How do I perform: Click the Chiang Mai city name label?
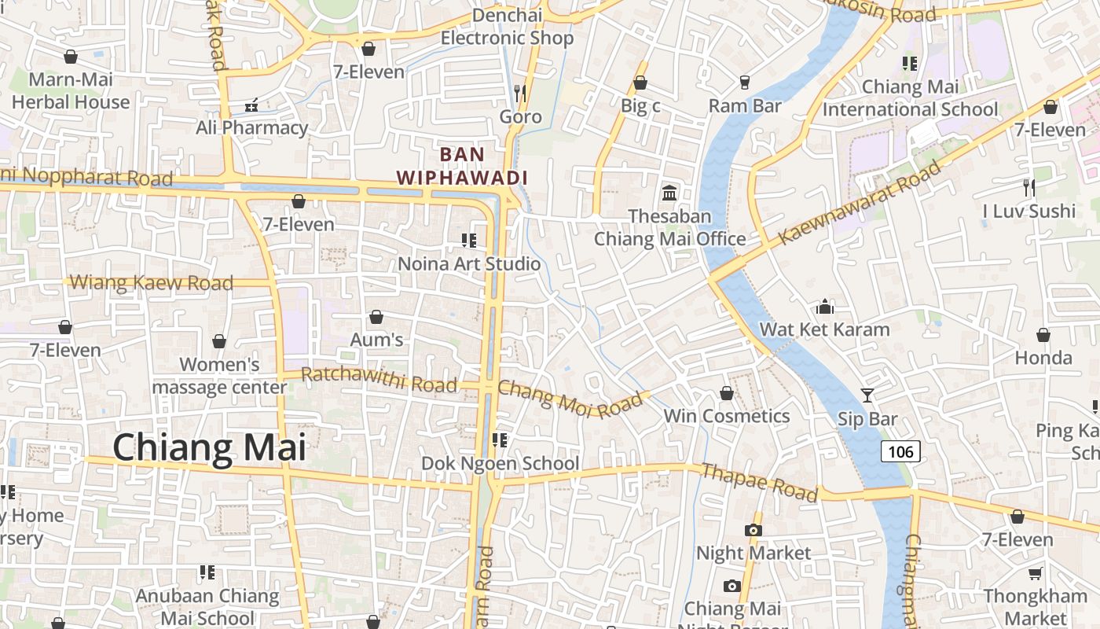pos(209,447)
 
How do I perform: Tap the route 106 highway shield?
pos(900,451)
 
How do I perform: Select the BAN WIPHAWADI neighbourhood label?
pos(462,166)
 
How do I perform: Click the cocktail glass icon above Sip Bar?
pos(867,395)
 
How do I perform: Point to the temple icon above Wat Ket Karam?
pos(825,306)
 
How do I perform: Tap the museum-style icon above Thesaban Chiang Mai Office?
pos(669,193)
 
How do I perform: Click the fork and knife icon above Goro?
pos(519,93)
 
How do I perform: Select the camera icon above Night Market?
pos(753,530)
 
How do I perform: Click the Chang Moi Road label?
pos(570,399)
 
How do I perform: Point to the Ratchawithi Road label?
pos(379,380)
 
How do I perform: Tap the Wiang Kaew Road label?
pos(152,282)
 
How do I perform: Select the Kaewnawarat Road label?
pos(860,203)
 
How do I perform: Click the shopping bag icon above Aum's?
pos(376,317)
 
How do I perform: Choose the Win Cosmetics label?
pos(727,416)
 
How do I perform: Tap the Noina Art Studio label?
pos(469,263)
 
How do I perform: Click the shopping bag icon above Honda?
pos(1043,335)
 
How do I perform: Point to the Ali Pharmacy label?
pos(251,127)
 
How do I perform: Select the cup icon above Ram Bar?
pos(745,82)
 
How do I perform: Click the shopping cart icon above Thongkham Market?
pos(1036,574)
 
